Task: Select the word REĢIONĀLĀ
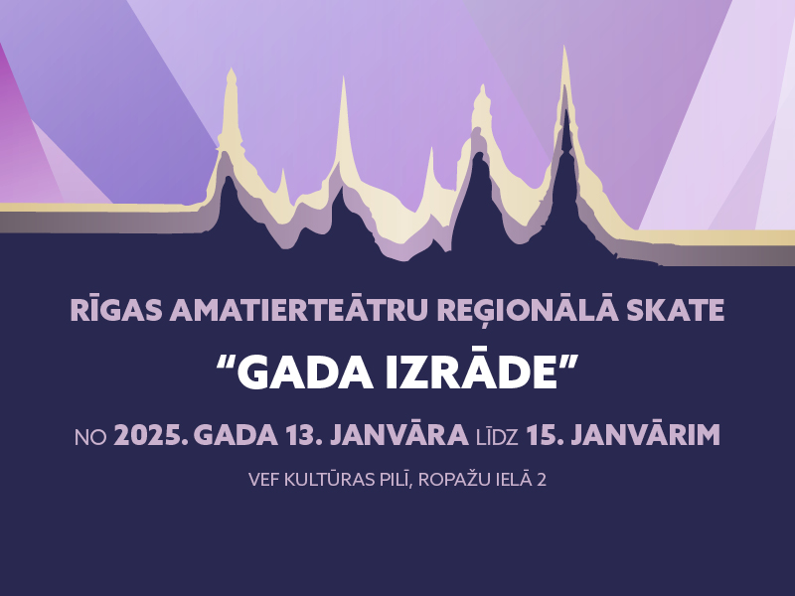pyautogui.click(x=528, y=310)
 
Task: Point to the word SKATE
pyautogui.click(x=676, y=310)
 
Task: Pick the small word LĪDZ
pyautogui.click(x=497, y=436)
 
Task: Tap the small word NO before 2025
pyautogui.click(x=90, y=437)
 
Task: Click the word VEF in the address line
pyautogui.click(x=263, y=480)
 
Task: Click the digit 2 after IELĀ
pyautogui.click(x=542, y=480)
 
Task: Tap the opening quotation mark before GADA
pyautogui.click(x=226, y=363)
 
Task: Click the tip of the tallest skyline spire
pyautogui.click(x=564, y=47)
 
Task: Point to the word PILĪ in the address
pyautogui.click(x=396, y=480)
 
